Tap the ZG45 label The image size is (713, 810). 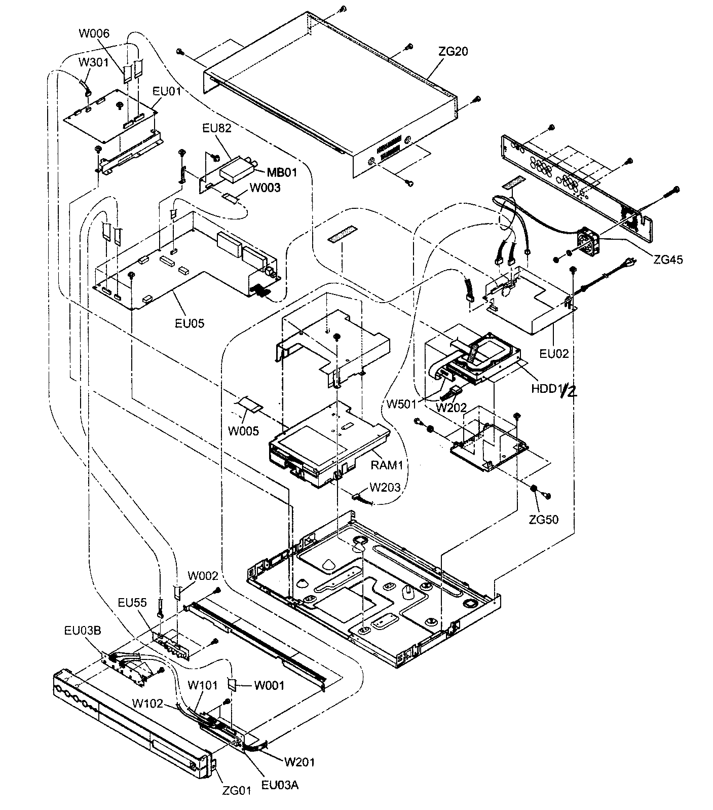click(667, 260)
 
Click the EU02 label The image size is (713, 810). click(554, 353)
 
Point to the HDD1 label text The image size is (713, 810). click(544, 389)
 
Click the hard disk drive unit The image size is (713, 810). click(486, 358)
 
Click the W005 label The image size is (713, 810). click(243, 431)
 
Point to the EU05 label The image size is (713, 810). click(190, 322)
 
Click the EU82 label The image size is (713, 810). click(216, 128)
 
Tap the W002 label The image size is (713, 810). click(203, 576)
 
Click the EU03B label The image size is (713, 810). click(82, 631)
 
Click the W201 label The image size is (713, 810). click(299, 761)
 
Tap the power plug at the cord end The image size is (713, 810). click(630, 264)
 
